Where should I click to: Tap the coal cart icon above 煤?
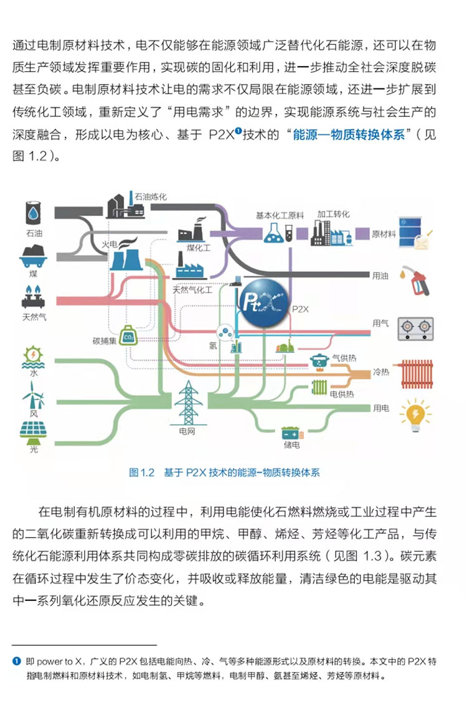[32, 255]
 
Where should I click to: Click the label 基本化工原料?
[280, 215]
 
